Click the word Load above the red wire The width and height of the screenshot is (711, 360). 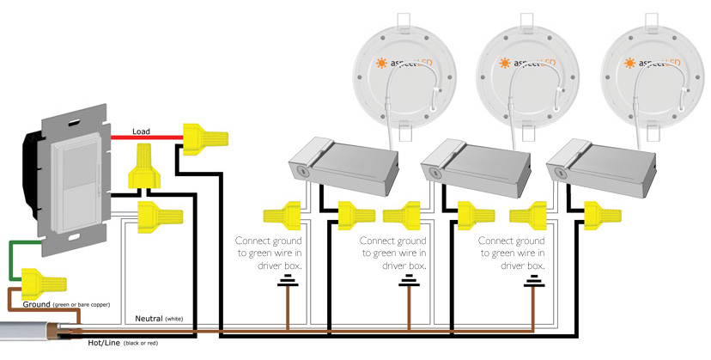[x=143, y=131]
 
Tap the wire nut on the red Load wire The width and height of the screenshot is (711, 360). [x=204, y=136]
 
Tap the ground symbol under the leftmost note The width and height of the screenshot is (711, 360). [x=287, y=284]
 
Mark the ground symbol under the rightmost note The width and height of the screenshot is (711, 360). [x=534, y=284]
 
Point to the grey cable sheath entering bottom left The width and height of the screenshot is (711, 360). [x=26, y=333]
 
